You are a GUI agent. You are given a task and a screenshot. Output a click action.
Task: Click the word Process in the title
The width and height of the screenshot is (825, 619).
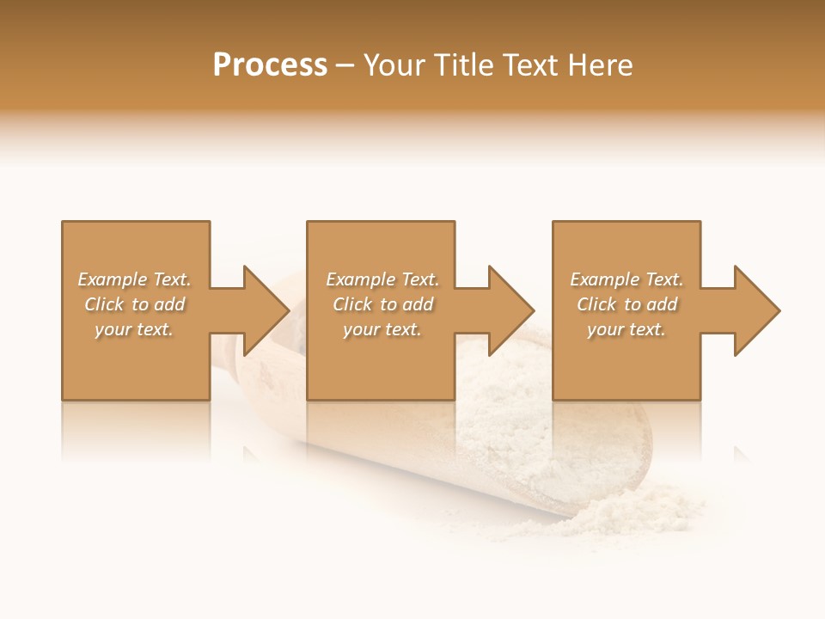point(270,65)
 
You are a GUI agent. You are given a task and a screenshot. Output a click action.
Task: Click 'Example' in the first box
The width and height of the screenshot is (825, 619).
point(113,279)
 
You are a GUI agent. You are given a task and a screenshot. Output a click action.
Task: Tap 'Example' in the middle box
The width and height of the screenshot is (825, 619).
point(361,279)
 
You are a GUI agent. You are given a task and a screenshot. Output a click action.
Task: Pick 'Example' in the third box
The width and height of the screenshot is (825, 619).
point(605,279)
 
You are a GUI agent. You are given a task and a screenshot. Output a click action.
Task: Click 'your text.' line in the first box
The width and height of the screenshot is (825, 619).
point(134,329)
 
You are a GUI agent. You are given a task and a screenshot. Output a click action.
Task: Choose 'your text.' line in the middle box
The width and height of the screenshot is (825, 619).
point(382,329)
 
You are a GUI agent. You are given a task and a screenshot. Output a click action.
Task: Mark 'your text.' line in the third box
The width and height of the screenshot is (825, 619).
point(626,329)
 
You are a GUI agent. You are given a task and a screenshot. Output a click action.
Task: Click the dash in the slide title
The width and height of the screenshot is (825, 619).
point(345,66)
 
